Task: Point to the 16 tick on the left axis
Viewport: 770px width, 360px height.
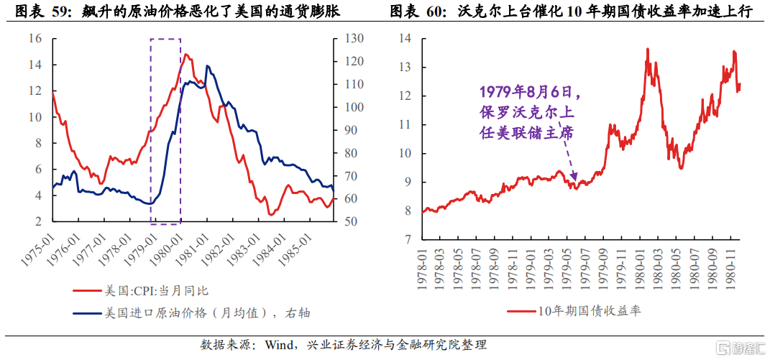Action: click(x=35, y=39)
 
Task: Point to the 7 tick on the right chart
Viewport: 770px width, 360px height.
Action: click(x=408, y=239)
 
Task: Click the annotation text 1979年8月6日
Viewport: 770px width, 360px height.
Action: click(x=528, y=92)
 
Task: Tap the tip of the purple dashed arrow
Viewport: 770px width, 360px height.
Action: click(x=576, y=180)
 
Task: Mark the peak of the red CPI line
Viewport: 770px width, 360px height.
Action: click(x=185, y=54)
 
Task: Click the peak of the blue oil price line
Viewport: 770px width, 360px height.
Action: click(x=207, y=66)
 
